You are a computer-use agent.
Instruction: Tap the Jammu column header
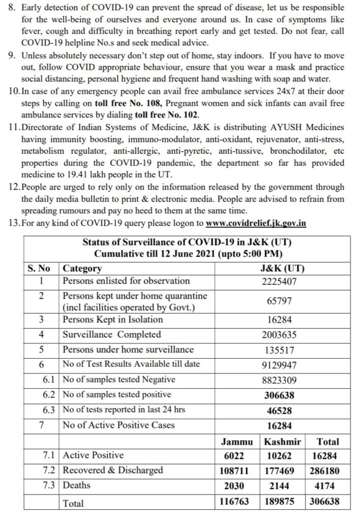[234, 442]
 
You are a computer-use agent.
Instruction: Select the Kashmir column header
[283, 442]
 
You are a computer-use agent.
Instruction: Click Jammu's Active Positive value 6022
[234, 456]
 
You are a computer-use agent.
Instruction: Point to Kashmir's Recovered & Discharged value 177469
[283, 471]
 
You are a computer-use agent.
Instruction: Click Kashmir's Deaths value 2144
[283, 486]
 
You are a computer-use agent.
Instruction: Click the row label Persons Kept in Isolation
[112, 320]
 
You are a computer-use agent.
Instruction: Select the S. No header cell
[40, 268]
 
